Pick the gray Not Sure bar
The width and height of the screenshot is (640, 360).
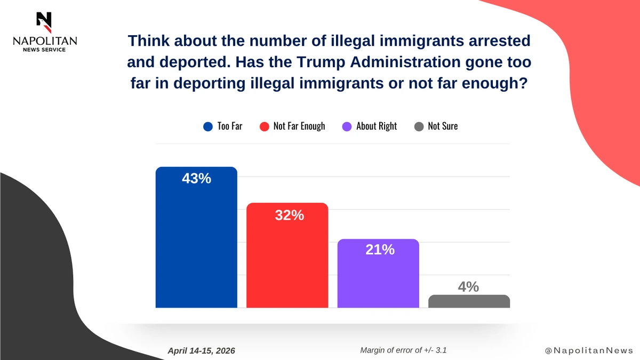[469, 301]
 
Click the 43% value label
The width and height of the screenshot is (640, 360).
[196, 179]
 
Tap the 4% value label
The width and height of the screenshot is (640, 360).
[468, 287]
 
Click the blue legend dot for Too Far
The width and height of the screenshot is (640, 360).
[208, 127]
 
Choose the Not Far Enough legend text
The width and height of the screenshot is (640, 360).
[299, 127]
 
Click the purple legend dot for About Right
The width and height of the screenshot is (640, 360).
[347, 127]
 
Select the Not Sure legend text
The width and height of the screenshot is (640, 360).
[443, 127]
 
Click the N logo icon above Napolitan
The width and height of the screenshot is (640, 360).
[44, 19]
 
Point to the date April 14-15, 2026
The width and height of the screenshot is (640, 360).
[201, 350]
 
